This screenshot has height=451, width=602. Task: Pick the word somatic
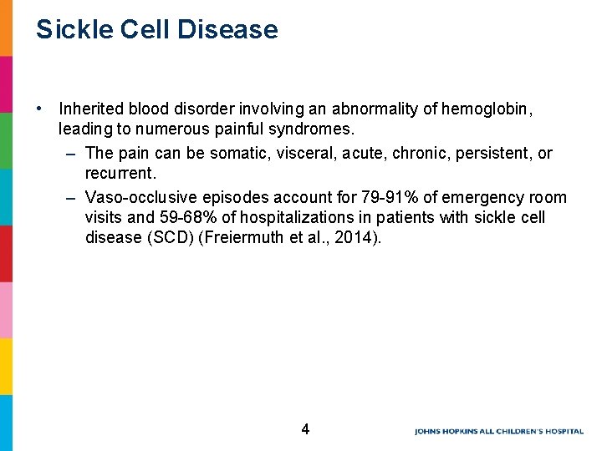pos(241,154)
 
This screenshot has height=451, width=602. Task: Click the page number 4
pos(305,429)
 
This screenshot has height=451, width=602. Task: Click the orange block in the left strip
pos(6,28)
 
